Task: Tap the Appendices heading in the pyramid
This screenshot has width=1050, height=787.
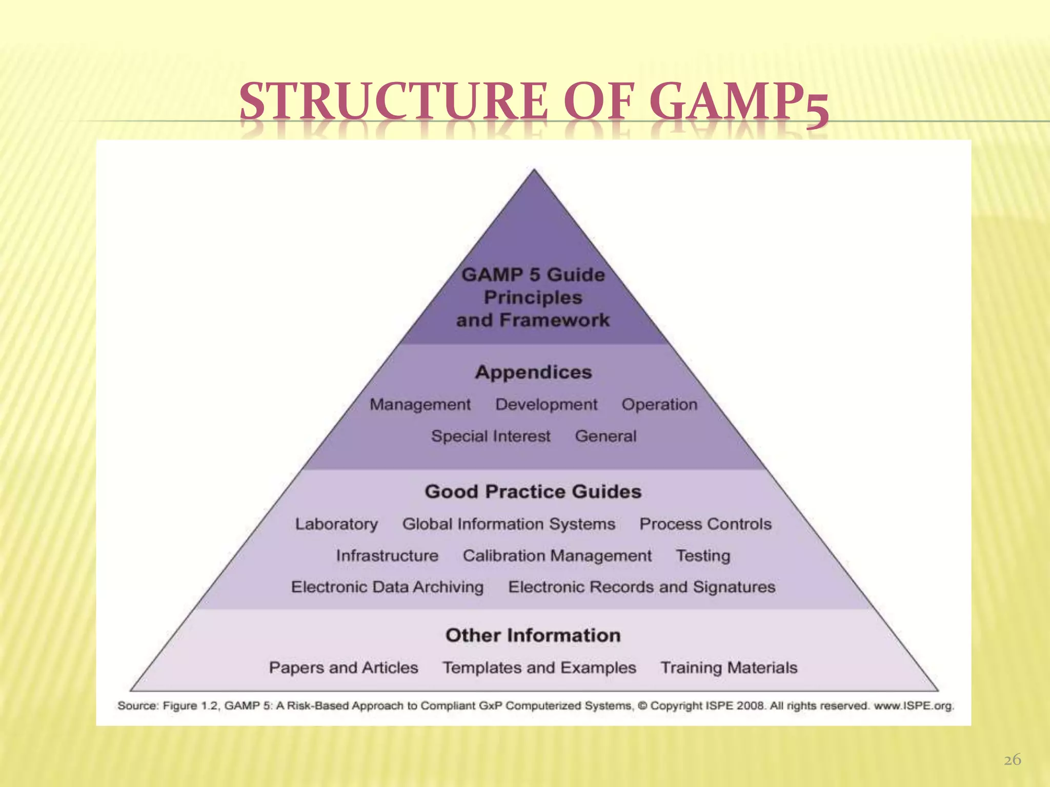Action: (x=533, y=372)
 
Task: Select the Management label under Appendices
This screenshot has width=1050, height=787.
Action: (x=420, y=405)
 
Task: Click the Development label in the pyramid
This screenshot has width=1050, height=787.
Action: (x=546, y=405)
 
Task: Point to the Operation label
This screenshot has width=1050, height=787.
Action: (x=659, y=405)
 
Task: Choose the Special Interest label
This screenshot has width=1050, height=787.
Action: (x=491, y=437)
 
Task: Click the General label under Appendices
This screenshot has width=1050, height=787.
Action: (x=605, y=437)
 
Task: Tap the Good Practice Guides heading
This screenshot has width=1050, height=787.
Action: (x=533, y=492)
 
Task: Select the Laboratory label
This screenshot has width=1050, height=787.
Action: (x=336, y=524)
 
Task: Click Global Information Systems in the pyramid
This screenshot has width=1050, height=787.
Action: (x=509, y=524)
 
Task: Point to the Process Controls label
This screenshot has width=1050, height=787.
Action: (x=705, y=524)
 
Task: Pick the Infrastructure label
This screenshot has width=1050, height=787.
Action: (x=387, y=556)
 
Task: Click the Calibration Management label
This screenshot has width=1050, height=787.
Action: (x=557, y=556)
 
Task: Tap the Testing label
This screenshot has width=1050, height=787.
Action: (x=703, y=556)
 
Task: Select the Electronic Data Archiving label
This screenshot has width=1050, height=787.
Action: (x=387, y=587)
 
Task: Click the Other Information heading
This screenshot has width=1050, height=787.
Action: (x=533, y=636)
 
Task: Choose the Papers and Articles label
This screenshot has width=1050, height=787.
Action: (x=344, y=668)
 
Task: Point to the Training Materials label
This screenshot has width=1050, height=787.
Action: (x=729, y=668)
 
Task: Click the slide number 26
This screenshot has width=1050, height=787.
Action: (x=1012, y=760)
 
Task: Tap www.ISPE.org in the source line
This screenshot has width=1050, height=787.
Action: (x=914, y=706)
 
